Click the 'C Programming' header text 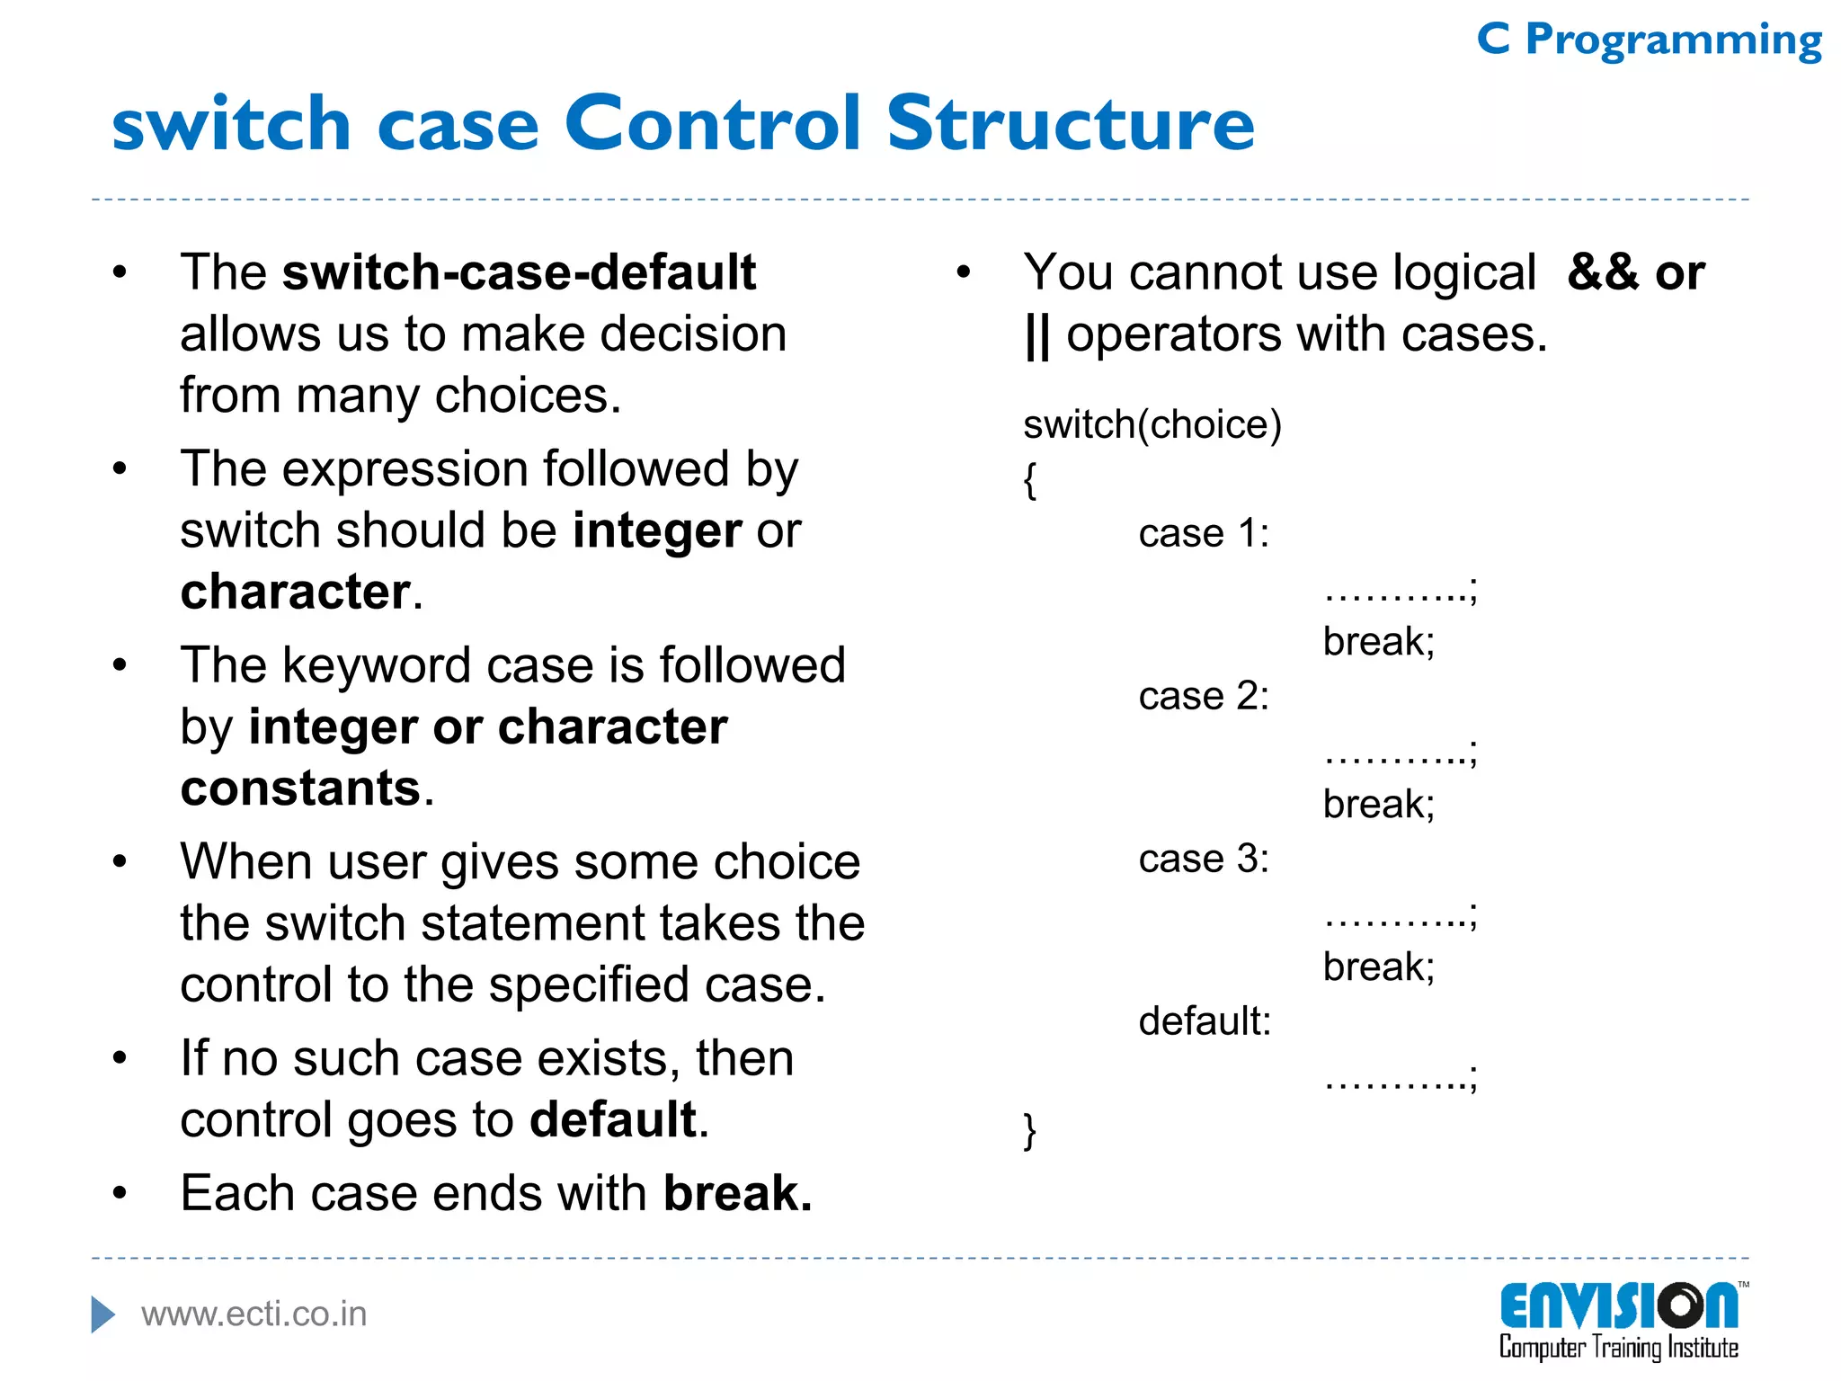click(1649, 40)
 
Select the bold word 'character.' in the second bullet click(300, 592)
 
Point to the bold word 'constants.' click(307, 789)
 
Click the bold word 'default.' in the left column click(618, 1119)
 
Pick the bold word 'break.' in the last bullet click(737, 1193)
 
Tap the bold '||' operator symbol click(1036, 334)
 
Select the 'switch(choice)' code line click(1152, 424)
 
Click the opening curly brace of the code click(1030, 480)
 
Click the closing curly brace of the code click(1030, 1130)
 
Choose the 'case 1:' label click(1203, 534)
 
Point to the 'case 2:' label click(1203, 697)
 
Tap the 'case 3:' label click(1203, 860)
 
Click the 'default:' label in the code click(1205, 1021)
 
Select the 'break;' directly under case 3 click(1378, 967)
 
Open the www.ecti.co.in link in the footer click(253, 1314)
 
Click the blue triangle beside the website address click(103, 1314)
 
